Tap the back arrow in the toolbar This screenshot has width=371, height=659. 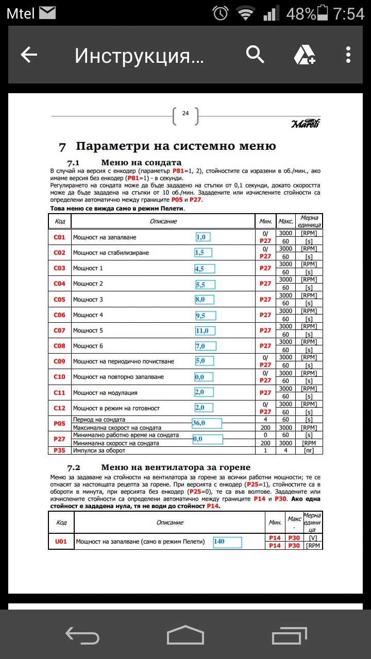(29, 55)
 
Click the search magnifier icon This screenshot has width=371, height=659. (255, 54)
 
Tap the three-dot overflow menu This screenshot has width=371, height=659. (348, 55)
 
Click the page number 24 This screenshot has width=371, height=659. (185, 114)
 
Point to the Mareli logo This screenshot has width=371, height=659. (305, 124)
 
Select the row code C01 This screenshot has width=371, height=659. (59, 237)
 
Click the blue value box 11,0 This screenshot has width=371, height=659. (205, 331)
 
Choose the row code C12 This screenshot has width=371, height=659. (59, 408)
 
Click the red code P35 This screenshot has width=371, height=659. (59, 450)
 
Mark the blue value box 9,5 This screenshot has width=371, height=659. (205, 315)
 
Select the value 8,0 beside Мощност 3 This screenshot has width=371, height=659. (205, 299)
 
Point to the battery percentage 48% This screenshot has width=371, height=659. (300, 14)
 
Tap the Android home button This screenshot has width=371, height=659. (185, 635)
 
